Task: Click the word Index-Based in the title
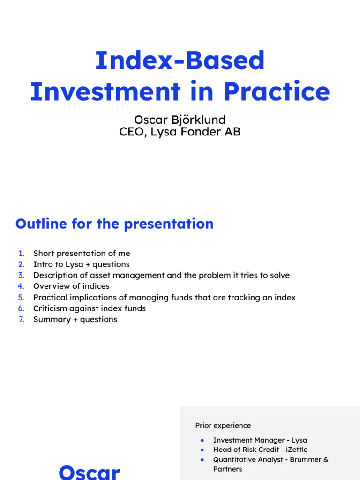[180, 61]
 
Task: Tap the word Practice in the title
[277, 92]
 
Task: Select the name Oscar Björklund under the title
[180, 120]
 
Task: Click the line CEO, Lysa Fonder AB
[180, 132]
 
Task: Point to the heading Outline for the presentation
[114, 224]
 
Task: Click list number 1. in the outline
[21, 254]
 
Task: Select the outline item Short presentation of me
[82, 254]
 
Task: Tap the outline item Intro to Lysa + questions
[81, 264]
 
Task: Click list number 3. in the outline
[21, 275]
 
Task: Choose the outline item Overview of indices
[71, 286]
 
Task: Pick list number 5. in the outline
[21, 297]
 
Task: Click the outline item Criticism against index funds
[90, 308]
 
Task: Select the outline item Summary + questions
[75, 319]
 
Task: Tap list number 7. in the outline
[21, 319]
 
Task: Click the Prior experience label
[223, 425]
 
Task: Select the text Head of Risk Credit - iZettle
[260, 450]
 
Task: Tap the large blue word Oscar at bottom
[89, 471]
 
